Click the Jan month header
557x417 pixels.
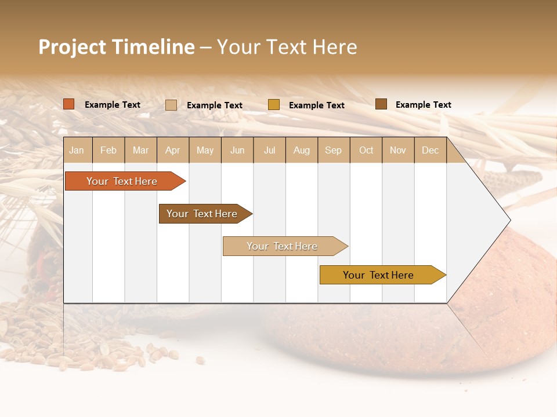point(77,150)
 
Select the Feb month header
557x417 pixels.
point(108,150)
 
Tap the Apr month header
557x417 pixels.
point(173,150)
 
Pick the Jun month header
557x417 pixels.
point(237,150)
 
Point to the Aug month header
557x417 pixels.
point(302,150)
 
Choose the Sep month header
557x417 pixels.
point(334,150)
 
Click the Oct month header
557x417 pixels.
point(366,150)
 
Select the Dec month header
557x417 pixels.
point(431,150)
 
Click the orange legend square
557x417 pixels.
point(69,104)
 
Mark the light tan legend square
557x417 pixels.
point(171,105)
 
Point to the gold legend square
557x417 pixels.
point(274,105)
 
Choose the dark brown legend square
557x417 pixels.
point(381,104)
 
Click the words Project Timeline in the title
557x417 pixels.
point(116,47)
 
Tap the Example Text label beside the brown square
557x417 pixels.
point(423,105)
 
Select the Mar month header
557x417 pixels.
point(141,150)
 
